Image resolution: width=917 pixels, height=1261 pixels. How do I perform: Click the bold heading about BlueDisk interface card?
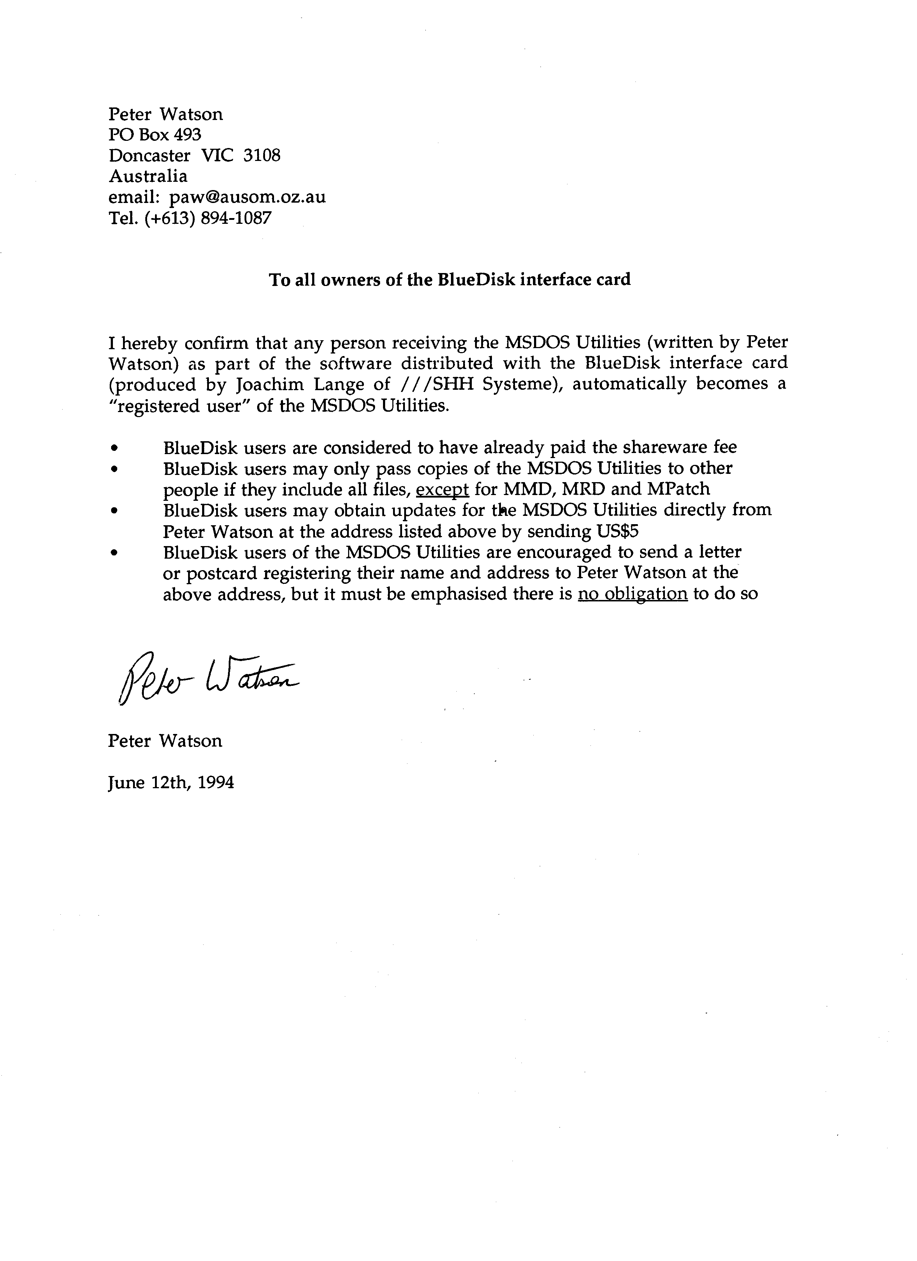(450, 279)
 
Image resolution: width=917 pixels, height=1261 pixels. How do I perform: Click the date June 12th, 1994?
(171, 783)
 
